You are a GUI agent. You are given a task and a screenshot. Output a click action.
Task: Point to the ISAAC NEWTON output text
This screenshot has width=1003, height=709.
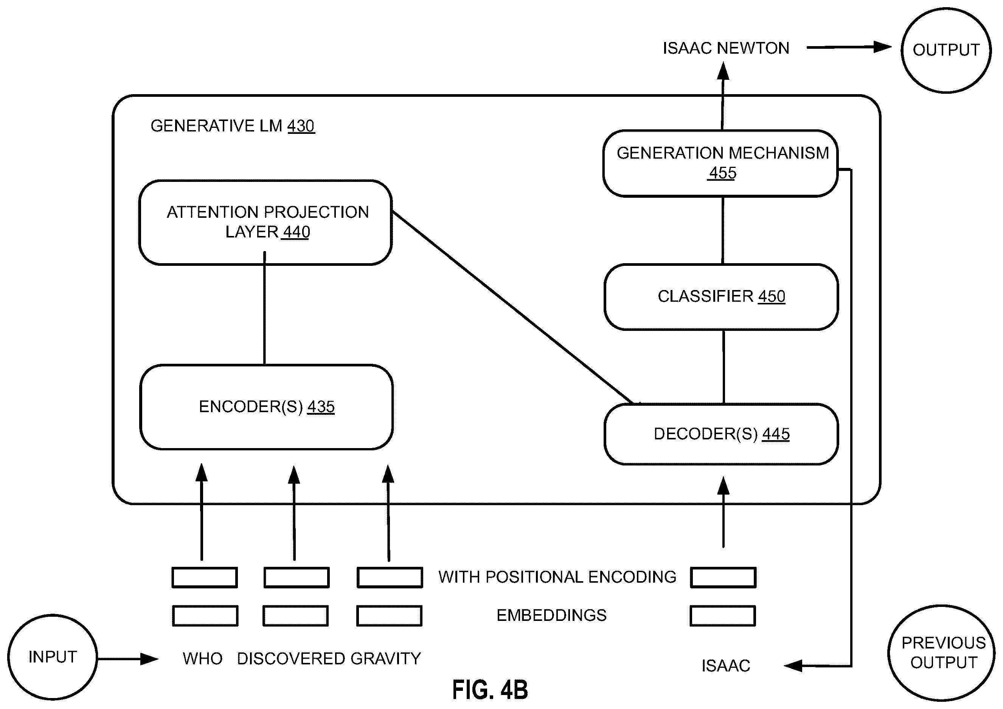click(726, 48)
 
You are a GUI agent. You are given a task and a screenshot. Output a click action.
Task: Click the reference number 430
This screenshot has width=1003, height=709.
click(301, 126)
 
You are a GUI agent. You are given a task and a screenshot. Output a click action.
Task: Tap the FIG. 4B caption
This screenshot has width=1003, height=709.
click(490, 690)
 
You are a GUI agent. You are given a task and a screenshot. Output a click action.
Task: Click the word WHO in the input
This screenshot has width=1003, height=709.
click(203, 659)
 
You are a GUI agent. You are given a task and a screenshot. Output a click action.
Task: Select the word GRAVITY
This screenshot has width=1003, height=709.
click(386, 659)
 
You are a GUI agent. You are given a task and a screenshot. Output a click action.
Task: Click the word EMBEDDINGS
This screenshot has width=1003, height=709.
click(552, 616)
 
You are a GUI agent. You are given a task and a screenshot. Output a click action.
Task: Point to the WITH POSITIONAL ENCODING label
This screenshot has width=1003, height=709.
click(557, 577)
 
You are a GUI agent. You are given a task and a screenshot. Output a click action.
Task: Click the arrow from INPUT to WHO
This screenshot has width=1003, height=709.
click(128, 659)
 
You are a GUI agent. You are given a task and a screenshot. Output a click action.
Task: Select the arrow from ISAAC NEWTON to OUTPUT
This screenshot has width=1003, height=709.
click(849, 47)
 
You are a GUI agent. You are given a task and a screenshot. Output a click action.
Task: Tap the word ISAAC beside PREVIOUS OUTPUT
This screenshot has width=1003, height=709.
click(726, 666)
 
